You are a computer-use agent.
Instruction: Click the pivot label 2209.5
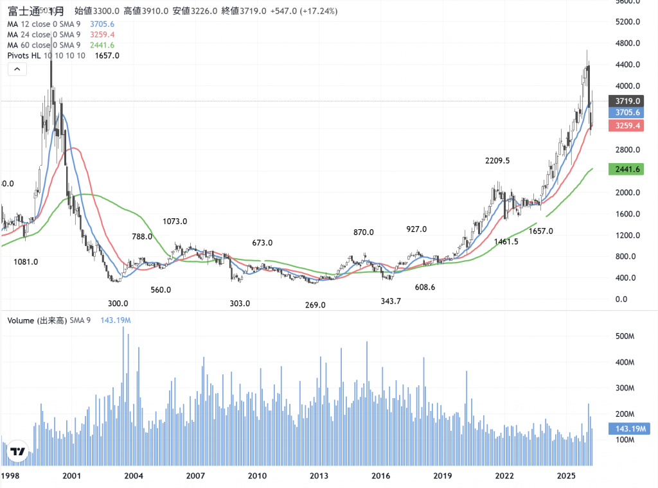coord(497,161)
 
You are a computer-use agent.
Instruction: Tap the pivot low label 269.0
coord(315,305)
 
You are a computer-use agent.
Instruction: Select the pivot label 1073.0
coord(175,222)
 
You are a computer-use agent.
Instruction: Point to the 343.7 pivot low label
coord(391,301)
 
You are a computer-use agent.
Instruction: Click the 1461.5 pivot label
coord(507,241)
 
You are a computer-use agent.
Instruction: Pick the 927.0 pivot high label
coord(416,229)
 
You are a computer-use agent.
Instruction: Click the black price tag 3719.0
coord(626,101)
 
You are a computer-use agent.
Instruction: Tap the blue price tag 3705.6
coord(626,112)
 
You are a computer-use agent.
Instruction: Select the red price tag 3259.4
coord(626,126)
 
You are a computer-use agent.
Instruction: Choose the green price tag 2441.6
coord(626,170)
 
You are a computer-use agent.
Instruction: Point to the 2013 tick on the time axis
coord(319,476)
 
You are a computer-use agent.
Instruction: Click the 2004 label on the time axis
coord(133,476)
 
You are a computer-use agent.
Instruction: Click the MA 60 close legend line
coord(44,45)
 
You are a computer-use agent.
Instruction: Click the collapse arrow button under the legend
coord(17,70)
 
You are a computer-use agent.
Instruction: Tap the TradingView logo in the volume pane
coord(18,452)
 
